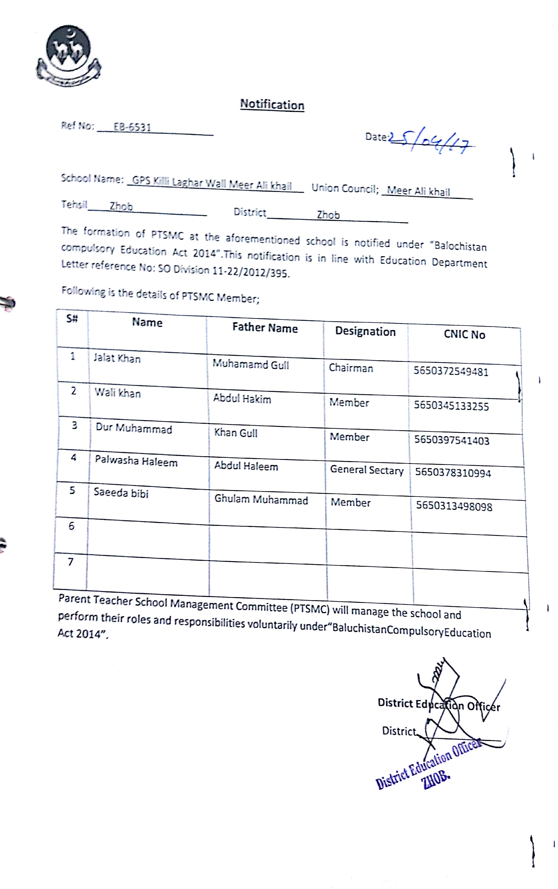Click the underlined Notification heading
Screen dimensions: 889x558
coord(272,104)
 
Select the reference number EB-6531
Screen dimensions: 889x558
coord(132,127)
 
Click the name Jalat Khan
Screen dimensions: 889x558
coord(117,358)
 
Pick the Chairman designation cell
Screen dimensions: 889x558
coord(351,368)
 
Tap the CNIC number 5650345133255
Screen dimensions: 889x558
coord(451,406)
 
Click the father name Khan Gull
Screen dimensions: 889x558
coord(235,433)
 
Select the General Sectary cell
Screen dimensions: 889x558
coord(366,470)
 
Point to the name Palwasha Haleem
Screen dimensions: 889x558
coord(136,462)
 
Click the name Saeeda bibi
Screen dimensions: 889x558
coord(121,493)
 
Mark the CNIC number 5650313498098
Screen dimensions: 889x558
coord(454,506)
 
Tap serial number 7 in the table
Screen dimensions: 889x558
coord(70,562)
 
